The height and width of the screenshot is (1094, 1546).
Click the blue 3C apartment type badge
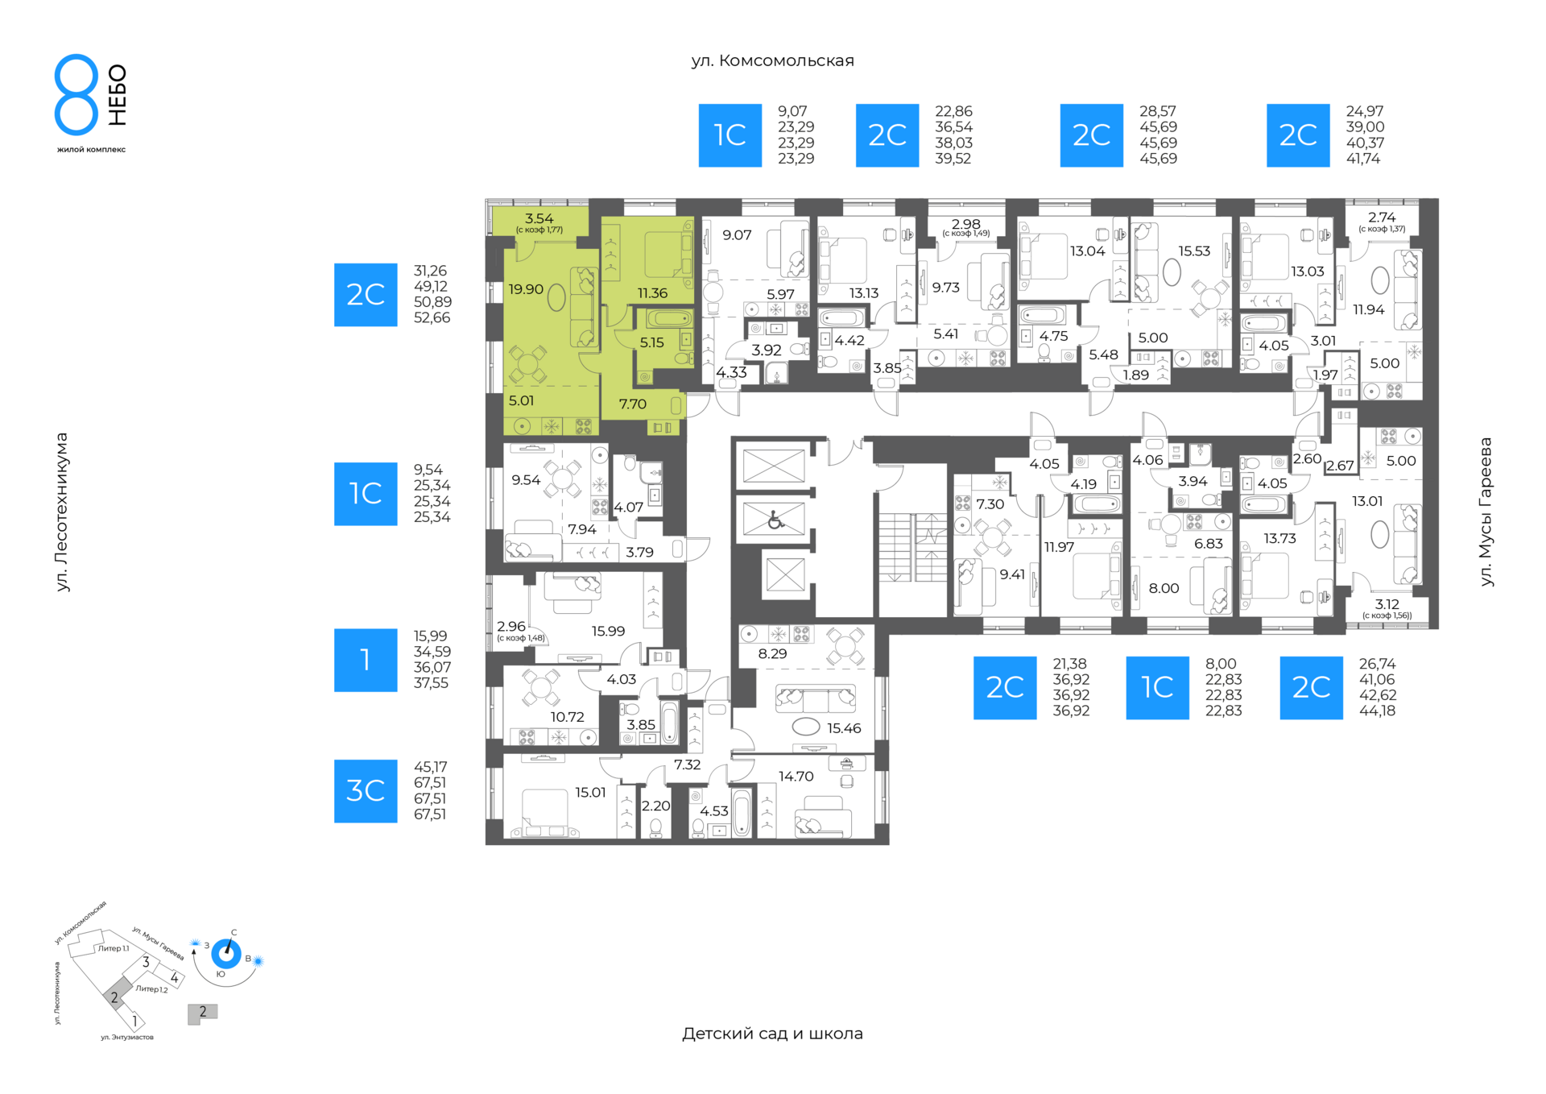pyautogui.click(x=366, y=791)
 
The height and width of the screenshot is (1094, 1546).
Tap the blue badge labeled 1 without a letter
pyautogui.click(x=366, y=660)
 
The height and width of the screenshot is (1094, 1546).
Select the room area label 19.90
pyautogui.click(x=526, y=289)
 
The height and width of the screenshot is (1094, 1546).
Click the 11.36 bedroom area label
pyautogui.click(x=652, y=293)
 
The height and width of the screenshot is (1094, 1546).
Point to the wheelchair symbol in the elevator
pyautogui.click(x=775, y=520)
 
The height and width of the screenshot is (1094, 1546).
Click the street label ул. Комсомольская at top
pyautogui.click(x=772, y=60)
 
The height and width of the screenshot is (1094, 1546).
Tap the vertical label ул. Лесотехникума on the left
pyautogui.click(x=62, y=512)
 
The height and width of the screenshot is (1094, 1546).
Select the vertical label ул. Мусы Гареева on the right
pyautogui.click(x=1486, y=512)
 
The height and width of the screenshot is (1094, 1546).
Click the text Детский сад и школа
pyautogui.click(x=772, y=1034)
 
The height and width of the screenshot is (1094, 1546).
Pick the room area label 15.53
pyautogui.click(x=1194, y=251)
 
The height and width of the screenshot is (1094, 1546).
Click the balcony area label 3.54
pyautogui.click(x=539, y=218)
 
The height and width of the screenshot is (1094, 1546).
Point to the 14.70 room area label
pyautogui.click(x=796, y=777)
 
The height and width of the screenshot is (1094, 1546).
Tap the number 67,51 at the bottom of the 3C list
pyautogui.click(x=430, y=814)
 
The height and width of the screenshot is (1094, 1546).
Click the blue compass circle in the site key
pyautogui.click(x=226, y=955)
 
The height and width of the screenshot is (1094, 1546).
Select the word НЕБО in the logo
pyautogui.click(x=118, y=95)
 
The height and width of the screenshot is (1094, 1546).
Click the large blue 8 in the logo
pyautogui.click(x=76, y=94)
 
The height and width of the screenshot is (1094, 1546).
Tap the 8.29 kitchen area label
pyautogui.click(x=772, y=654)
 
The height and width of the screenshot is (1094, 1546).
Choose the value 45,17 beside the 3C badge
pyautogui.click(x=430, y=767)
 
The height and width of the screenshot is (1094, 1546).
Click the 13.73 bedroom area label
pyautogui.click(x=1279, y=539)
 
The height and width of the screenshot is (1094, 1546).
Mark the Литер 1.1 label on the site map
pyautogui.click(x=113, y=949)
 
